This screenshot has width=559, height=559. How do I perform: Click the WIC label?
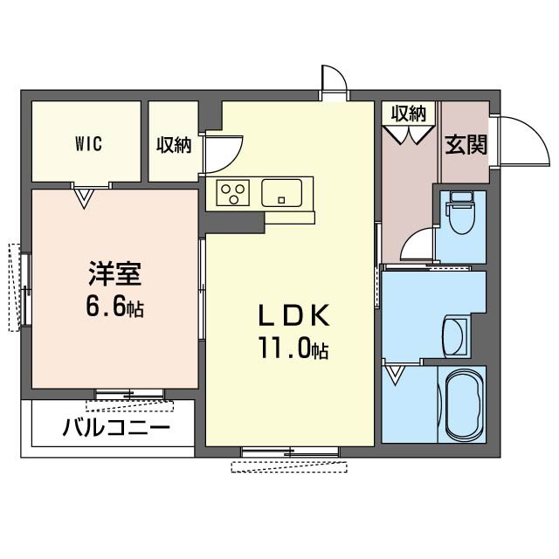click(87, 144)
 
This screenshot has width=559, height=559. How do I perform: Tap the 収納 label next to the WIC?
click(174, 144)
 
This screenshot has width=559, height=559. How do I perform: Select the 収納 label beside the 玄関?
click(408, 113)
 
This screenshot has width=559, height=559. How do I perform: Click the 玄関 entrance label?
click(466, 144)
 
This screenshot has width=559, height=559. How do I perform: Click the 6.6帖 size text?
click(114, 307)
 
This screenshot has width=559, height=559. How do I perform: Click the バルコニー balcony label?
click(116, 428)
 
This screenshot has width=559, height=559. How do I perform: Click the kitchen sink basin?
click(282, 191)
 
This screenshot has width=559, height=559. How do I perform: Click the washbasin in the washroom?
click(455, 335)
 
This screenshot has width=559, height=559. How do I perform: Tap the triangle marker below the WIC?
click(84, 198)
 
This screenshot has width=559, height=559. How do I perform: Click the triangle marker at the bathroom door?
click(397, 376)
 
